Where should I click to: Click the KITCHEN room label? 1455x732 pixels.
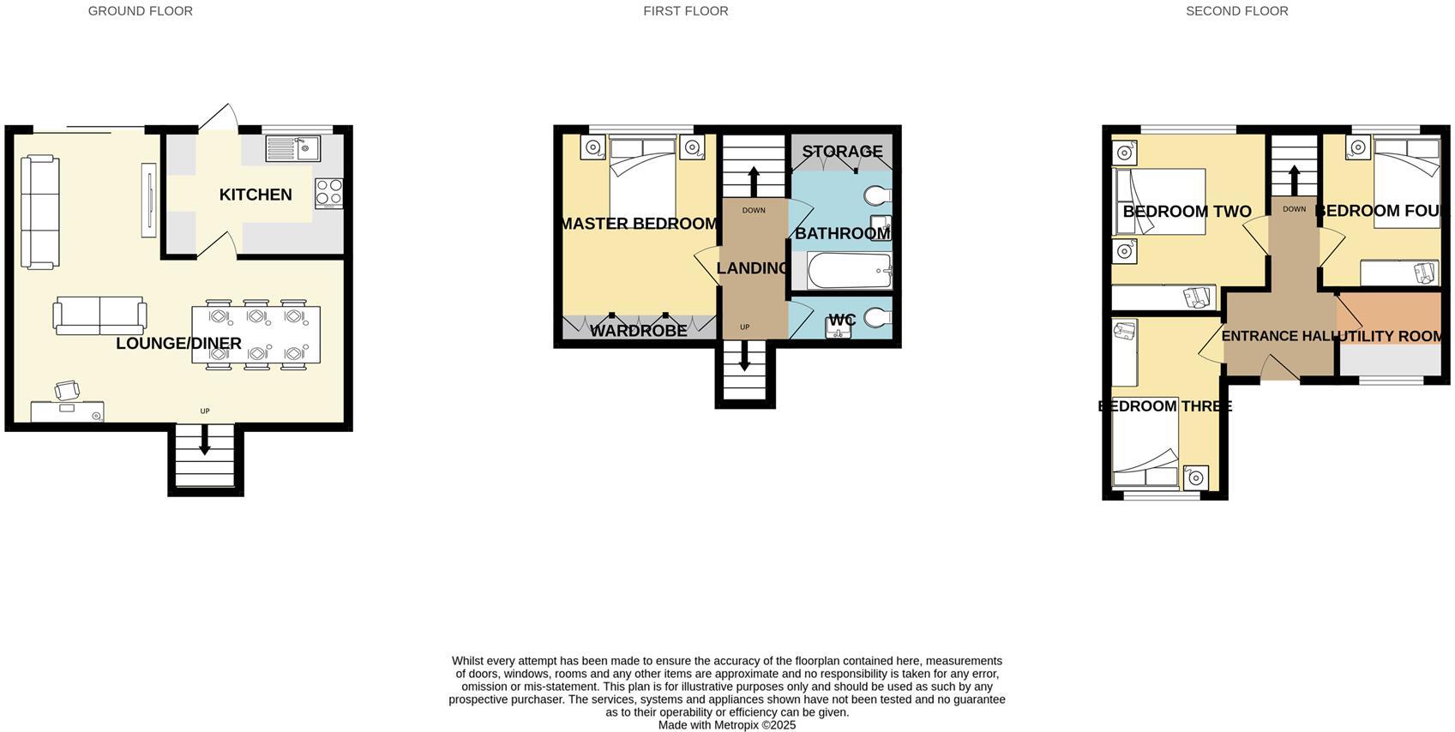256,195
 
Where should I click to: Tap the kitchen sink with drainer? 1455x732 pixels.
292,149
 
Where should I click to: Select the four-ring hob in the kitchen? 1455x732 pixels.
329,193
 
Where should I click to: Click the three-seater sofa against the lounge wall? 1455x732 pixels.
39,212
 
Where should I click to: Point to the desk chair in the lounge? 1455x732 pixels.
68,391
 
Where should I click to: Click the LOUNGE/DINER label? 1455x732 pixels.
178,344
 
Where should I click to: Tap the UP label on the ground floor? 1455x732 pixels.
205,411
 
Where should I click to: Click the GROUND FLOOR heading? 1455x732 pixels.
141,11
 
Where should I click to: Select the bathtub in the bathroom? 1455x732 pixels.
849,271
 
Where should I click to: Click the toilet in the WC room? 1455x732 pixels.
877,318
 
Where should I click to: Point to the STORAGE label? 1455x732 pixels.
842,152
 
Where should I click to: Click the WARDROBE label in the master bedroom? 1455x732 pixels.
639,330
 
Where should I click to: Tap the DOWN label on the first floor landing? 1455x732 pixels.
754,211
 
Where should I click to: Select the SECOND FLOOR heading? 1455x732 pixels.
1236,11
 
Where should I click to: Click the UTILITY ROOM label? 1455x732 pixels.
1390,336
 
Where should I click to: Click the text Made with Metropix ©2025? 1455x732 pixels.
727,725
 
